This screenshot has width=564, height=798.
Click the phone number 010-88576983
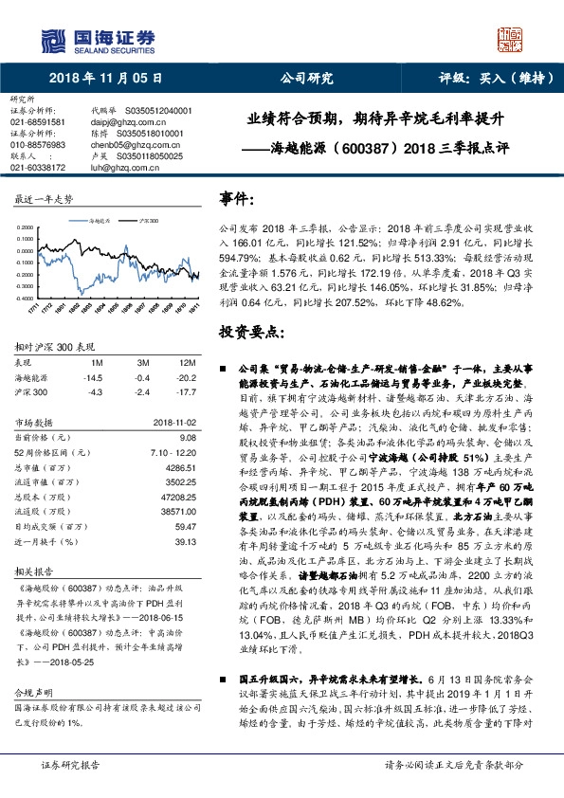[38, 145]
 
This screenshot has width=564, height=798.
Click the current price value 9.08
[187, 437]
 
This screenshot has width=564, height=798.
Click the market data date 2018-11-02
[174, 422]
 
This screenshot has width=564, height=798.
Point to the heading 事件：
[237, 198]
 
